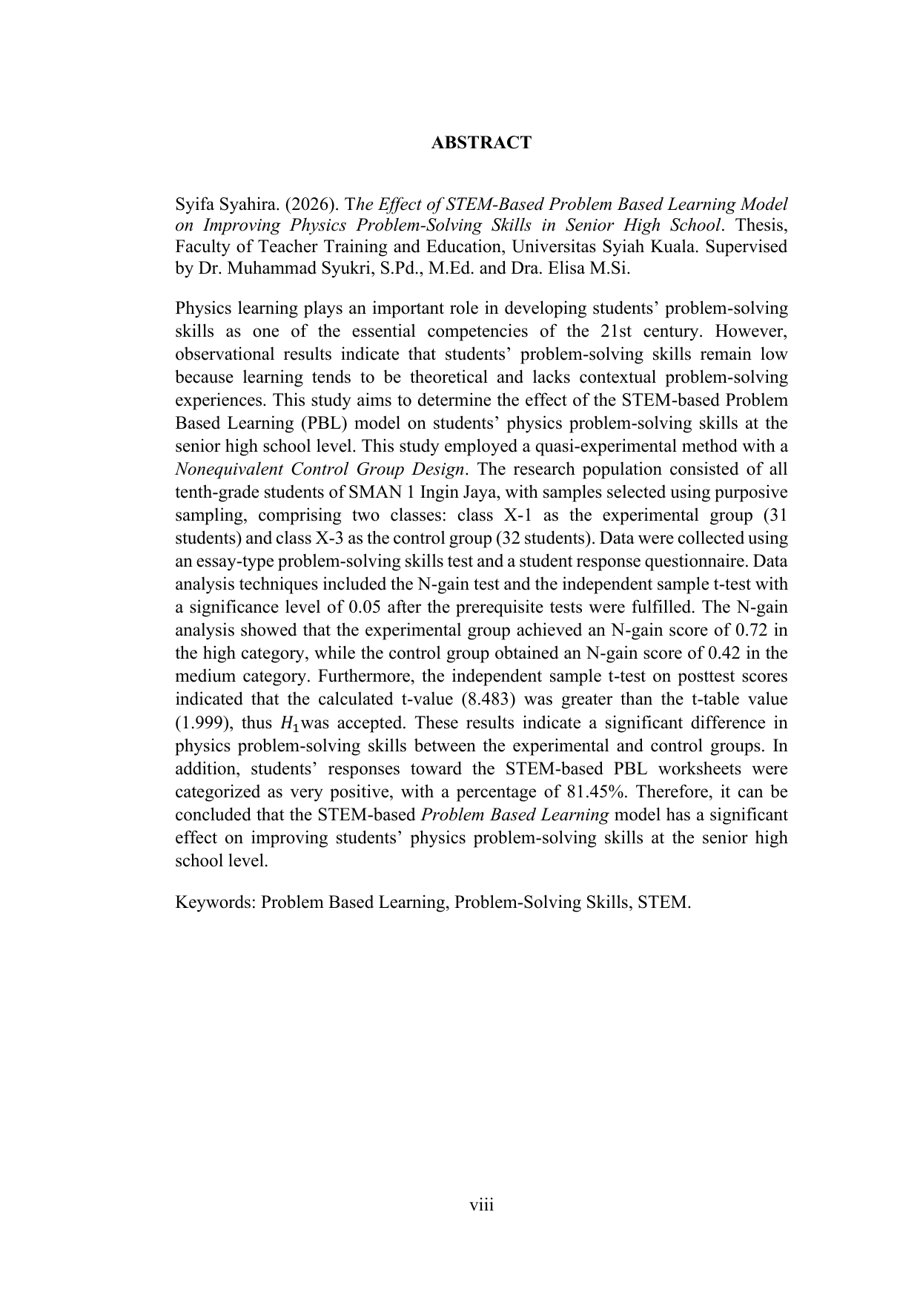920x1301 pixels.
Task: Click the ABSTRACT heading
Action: [481, 142]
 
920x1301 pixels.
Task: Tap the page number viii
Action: [481, 1205]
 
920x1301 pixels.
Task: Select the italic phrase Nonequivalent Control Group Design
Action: [320, 470]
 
